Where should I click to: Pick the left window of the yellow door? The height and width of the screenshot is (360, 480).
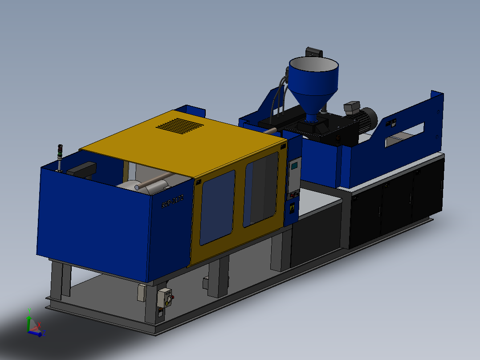217,208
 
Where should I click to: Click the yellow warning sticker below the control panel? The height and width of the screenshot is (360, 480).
293,207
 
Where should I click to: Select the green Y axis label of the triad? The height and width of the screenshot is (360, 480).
29,311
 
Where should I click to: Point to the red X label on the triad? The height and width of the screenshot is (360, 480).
39,325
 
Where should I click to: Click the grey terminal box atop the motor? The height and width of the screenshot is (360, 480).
351,106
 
